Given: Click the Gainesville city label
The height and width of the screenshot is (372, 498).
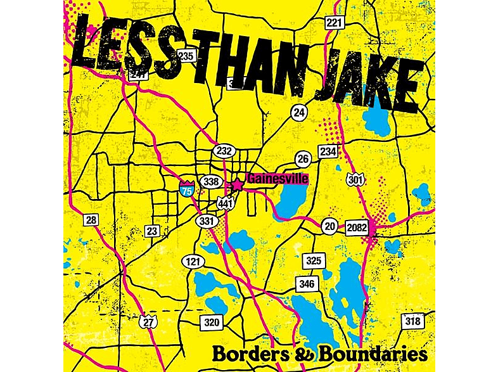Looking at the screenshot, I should [278, 179].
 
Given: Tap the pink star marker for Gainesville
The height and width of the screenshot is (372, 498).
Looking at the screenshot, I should [237, 184].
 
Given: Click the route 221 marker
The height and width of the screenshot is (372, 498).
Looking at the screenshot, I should [335, 23].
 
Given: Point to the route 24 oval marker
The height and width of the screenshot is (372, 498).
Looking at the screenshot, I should [299, 112].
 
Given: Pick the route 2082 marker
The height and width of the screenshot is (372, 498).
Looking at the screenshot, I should [357, 226].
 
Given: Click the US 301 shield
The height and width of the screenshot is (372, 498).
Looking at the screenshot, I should [355, 180].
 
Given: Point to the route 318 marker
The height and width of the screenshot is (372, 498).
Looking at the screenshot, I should [412, 321].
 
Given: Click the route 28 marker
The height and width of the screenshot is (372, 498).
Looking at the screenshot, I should [91, 220].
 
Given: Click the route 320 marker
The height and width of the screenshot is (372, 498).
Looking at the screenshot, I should [212, 323].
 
